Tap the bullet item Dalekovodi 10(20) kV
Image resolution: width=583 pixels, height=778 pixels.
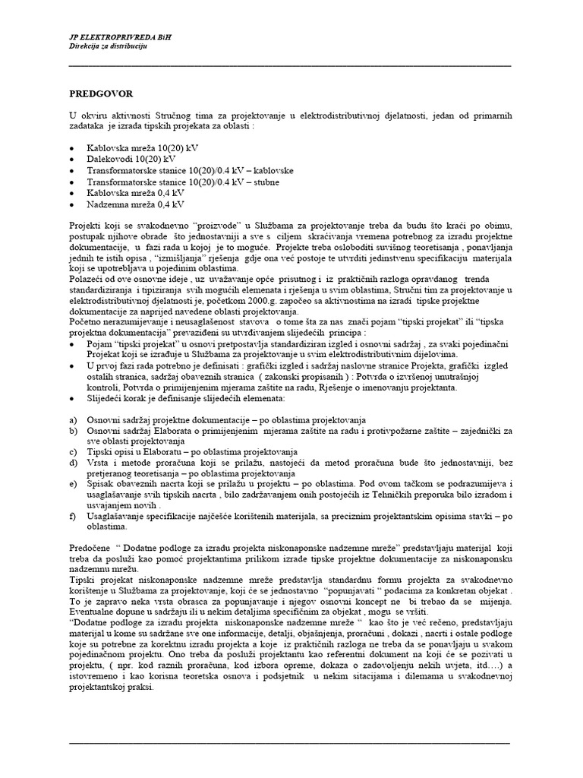pyautogui.click(x=131, y=160)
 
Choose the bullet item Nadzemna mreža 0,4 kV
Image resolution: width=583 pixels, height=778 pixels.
pyautogui.click(x=134, y=204)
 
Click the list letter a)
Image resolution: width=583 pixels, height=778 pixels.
pyautogui.click(x=73, y=420)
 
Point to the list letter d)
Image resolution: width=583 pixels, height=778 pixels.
pyautogui.click(x=73, y=462)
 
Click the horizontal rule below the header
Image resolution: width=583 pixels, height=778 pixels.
pyautogui.click(x=289, y=67)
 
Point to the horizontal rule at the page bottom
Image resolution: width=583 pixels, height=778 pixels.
pyautogui.click(x=289, y=740)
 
